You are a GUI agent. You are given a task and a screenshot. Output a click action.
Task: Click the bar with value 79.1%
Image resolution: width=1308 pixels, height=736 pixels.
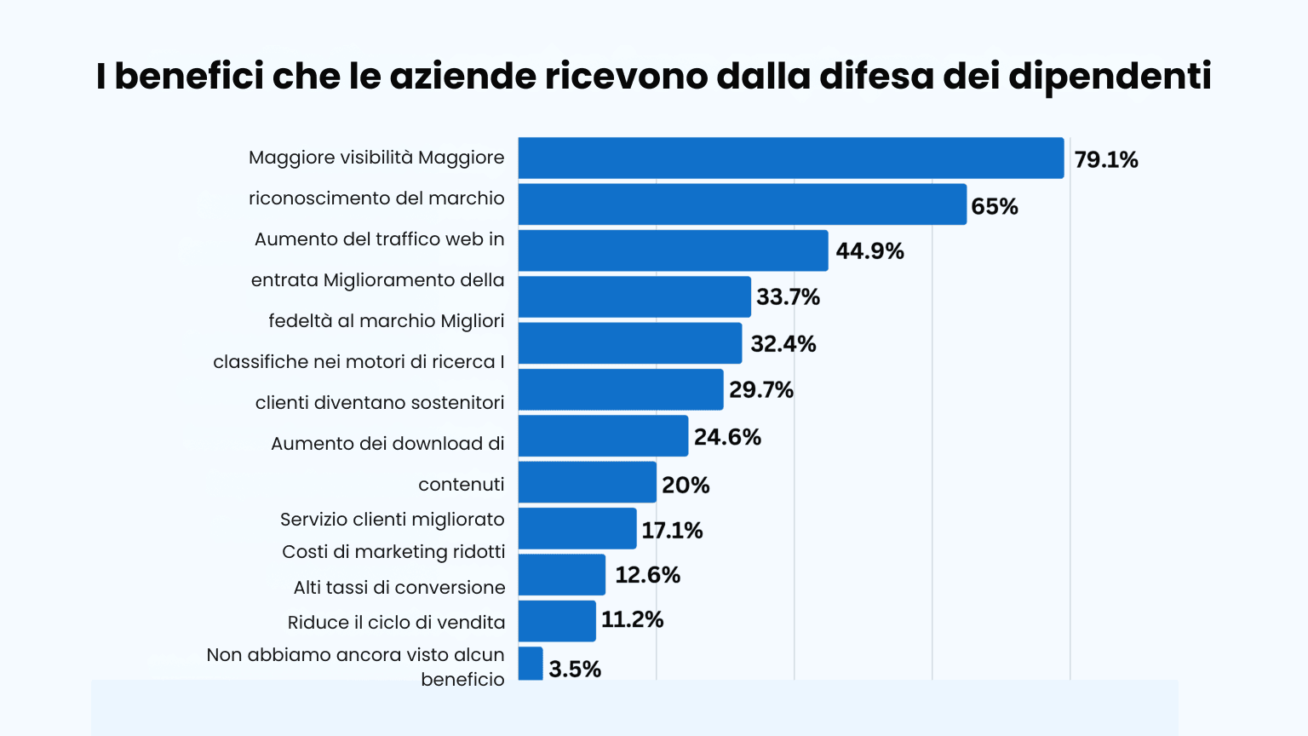coord(790,158)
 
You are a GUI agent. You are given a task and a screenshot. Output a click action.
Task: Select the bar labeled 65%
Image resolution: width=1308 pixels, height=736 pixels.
coord(742,204)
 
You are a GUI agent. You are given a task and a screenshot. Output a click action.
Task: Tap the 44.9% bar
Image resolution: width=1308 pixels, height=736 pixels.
coord(673,250)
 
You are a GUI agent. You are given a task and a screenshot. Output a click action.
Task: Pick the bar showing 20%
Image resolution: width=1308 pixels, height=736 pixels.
coord(587,482)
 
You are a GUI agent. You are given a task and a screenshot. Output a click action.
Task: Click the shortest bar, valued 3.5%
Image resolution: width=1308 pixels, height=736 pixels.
coord(531,664)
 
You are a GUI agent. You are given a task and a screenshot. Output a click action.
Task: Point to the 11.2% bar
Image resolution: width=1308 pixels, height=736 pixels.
coord(557,621)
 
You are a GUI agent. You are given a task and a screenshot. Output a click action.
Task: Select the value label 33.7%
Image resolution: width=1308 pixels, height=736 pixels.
coord(788,297)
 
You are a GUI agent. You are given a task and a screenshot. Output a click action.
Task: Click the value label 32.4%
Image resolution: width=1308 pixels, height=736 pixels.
coord(783,344)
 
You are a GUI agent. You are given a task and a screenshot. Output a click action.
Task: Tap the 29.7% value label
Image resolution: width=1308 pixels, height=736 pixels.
coord(760,390)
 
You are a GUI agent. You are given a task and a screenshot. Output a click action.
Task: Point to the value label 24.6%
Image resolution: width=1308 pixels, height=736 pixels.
coord(727,437)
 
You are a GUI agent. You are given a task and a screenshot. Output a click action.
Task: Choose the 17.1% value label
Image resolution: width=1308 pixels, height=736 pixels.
coord(672,531)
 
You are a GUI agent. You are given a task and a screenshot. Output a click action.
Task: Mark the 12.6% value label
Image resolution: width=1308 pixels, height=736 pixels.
coord(647,575)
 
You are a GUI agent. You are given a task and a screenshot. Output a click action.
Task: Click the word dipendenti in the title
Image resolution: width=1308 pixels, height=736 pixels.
coord(1110,76)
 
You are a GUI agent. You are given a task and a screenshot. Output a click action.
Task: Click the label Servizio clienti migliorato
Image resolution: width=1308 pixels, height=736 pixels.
coord(392,520)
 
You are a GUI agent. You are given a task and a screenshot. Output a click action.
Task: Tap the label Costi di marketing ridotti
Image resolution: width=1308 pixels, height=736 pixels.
coord(393,552)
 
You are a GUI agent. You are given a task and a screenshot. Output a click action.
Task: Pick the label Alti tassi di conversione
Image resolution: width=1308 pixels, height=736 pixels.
coord(399,588)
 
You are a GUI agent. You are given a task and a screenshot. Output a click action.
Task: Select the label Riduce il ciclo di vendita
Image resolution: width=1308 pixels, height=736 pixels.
coord(396,623)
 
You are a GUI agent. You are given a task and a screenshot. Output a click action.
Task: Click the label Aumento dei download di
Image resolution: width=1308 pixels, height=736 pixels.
coord(387,444)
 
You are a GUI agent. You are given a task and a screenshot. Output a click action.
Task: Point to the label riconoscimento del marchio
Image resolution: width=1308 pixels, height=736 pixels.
coord(376,198)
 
